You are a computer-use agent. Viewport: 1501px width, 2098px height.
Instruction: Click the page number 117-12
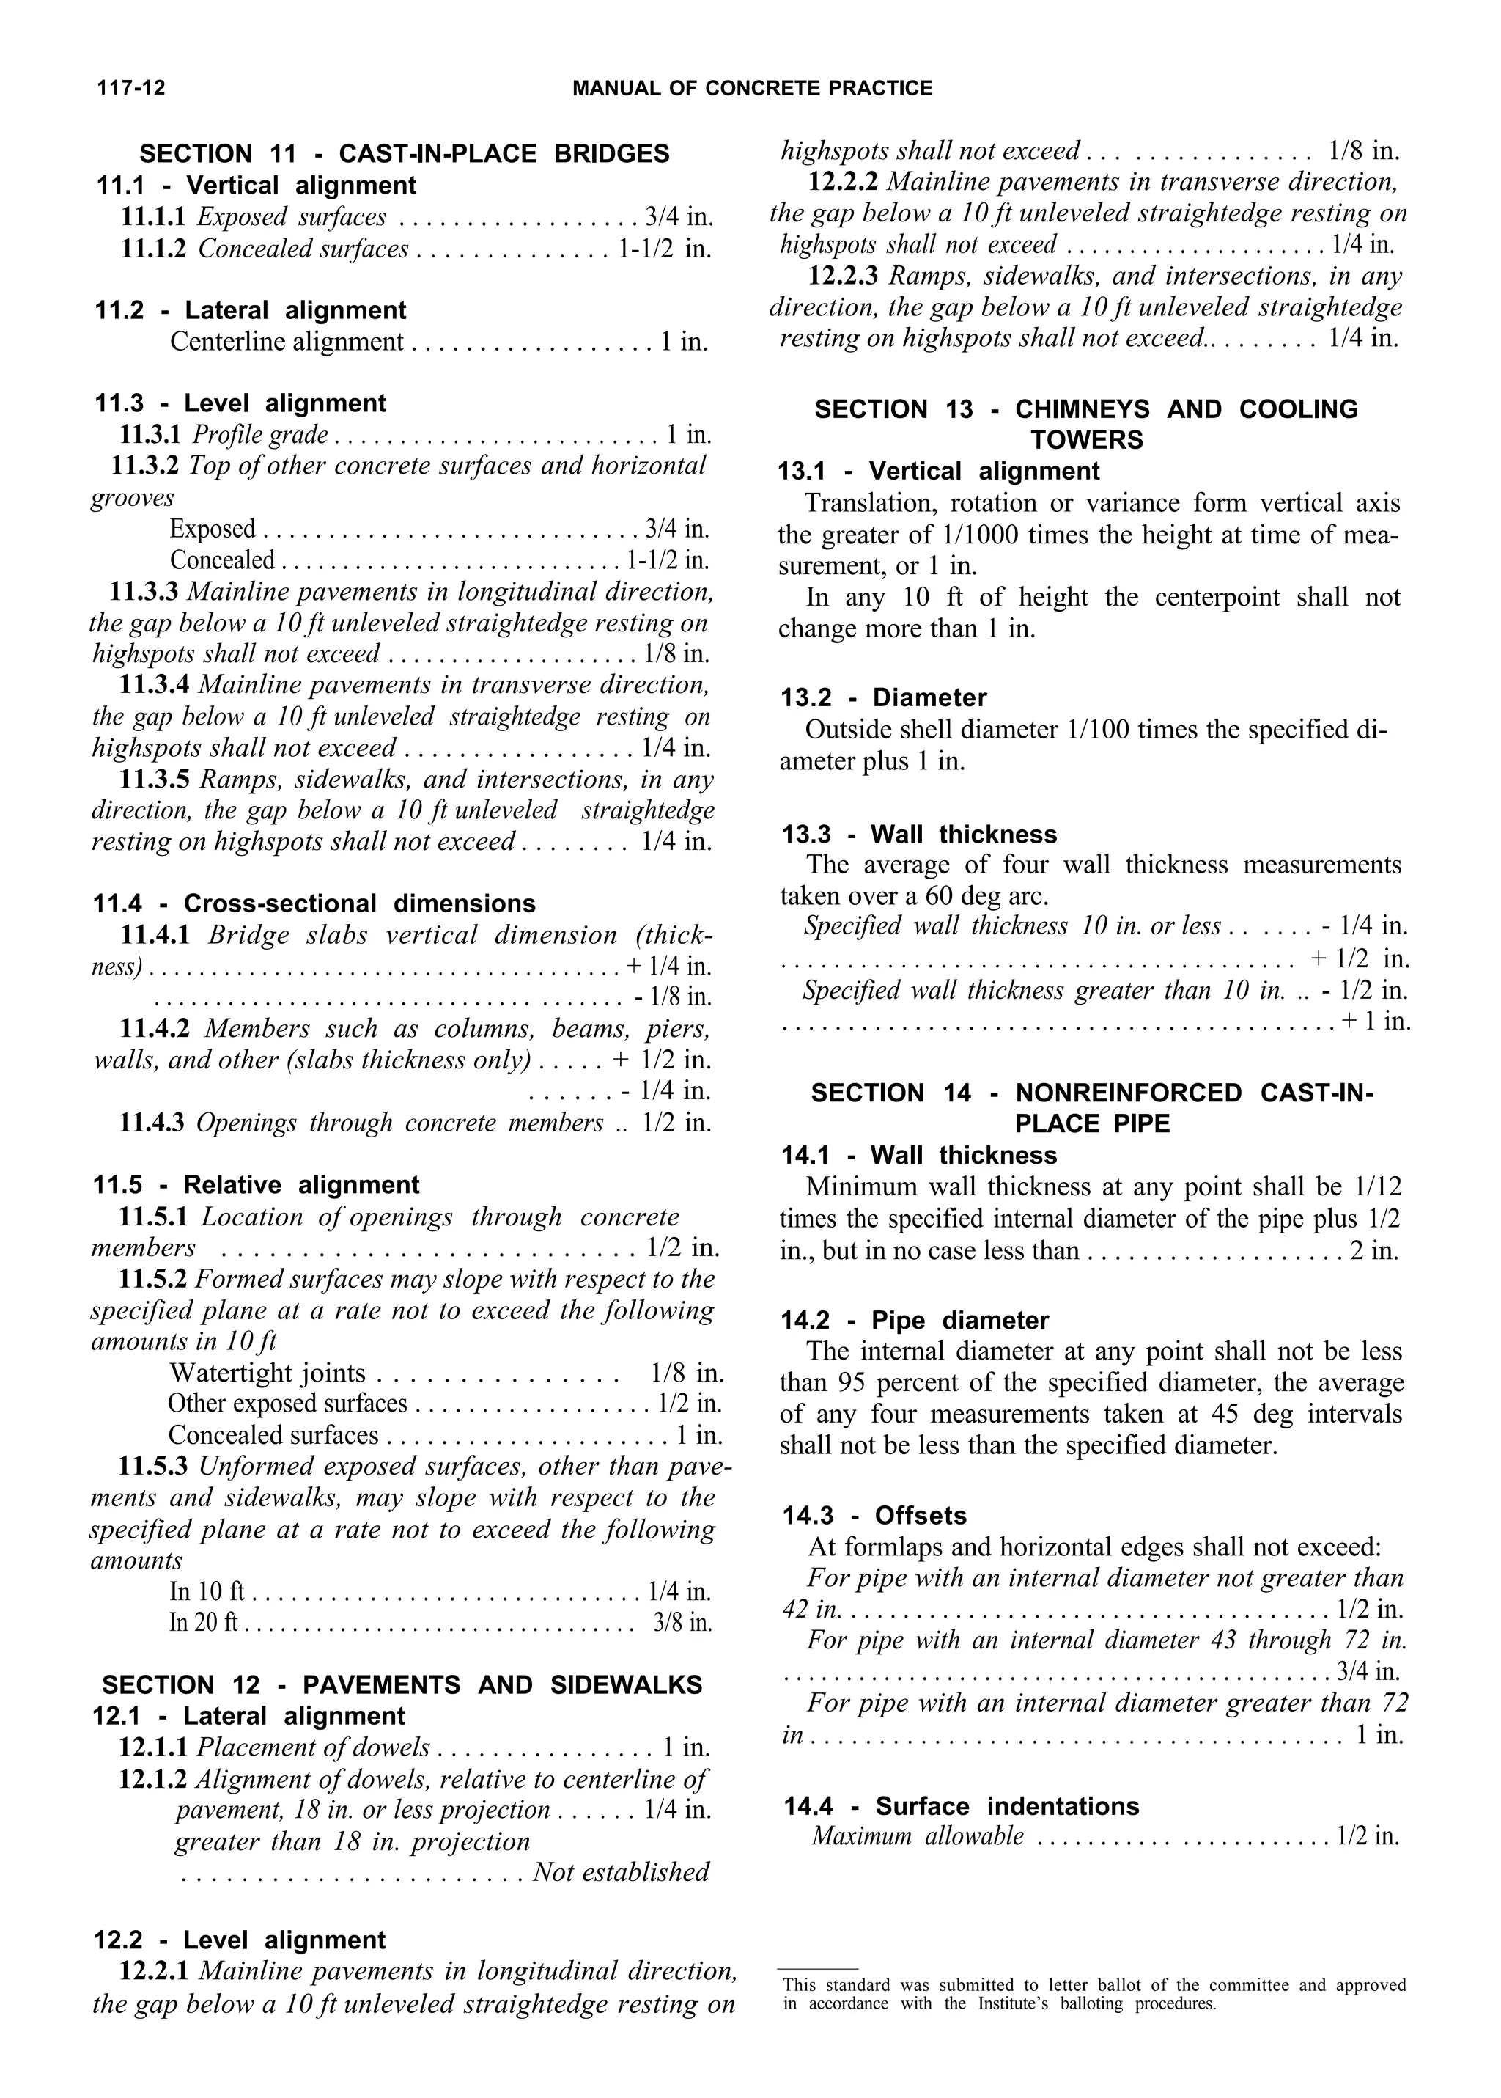point(130,89)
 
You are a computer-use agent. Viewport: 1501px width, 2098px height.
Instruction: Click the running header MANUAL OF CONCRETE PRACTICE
point(753,89)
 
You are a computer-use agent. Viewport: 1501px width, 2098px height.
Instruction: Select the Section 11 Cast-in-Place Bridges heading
point(404,153)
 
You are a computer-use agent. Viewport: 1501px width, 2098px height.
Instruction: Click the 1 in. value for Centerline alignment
point(684,342)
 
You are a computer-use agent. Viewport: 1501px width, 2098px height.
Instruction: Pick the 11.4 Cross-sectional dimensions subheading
point(314,903)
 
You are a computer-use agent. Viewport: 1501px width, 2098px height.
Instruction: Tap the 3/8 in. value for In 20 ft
point(682,1623)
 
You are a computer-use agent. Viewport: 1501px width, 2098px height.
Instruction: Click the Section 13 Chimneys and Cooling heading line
point(1086,410)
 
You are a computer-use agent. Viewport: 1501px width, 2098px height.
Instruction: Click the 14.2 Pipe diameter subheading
point(915,1321)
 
